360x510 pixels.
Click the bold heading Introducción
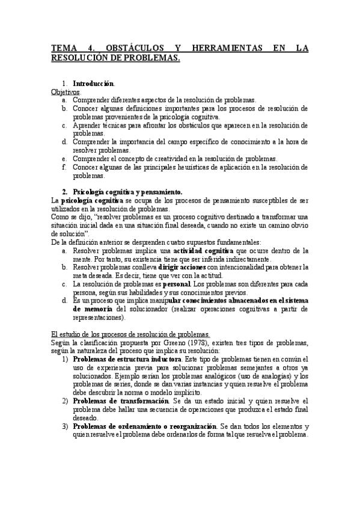93,83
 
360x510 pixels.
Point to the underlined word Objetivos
65,91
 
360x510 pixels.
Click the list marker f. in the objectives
64,167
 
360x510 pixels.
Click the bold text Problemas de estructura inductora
126,359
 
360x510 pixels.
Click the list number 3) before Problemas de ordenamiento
65,426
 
